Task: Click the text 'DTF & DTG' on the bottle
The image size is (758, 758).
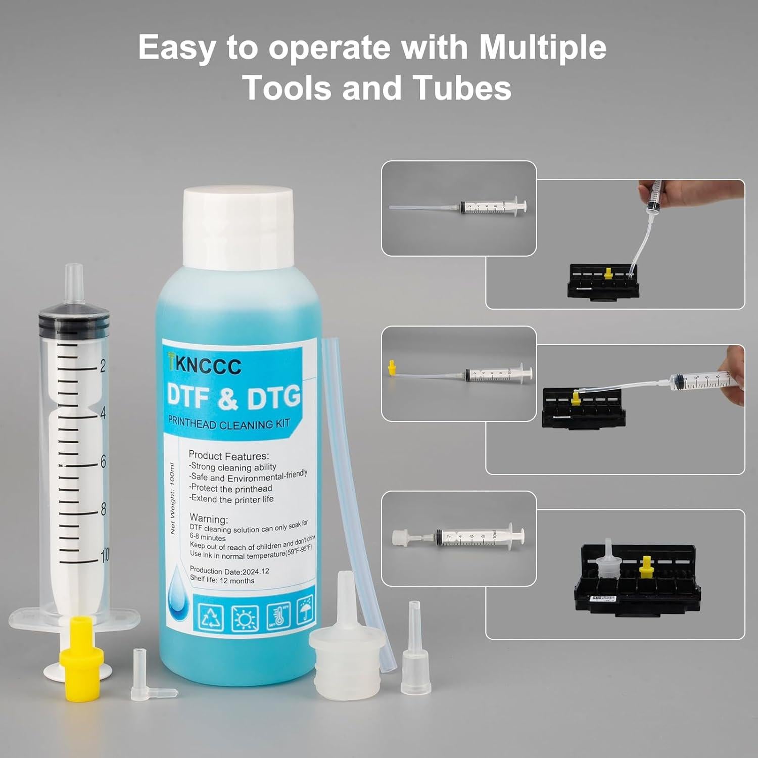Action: pos(233,397)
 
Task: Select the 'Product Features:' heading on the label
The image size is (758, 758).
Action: pos(228,455)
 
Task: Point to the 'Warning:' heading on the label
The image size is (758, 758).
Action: pos(208,518)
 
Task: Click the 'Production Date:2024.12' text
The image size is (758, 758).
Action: pos(229,571)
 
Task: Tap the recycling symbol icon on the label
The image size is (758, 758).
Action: pos(211,617)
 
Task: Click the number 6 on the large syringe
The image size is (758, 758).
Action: pos(103,461)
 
